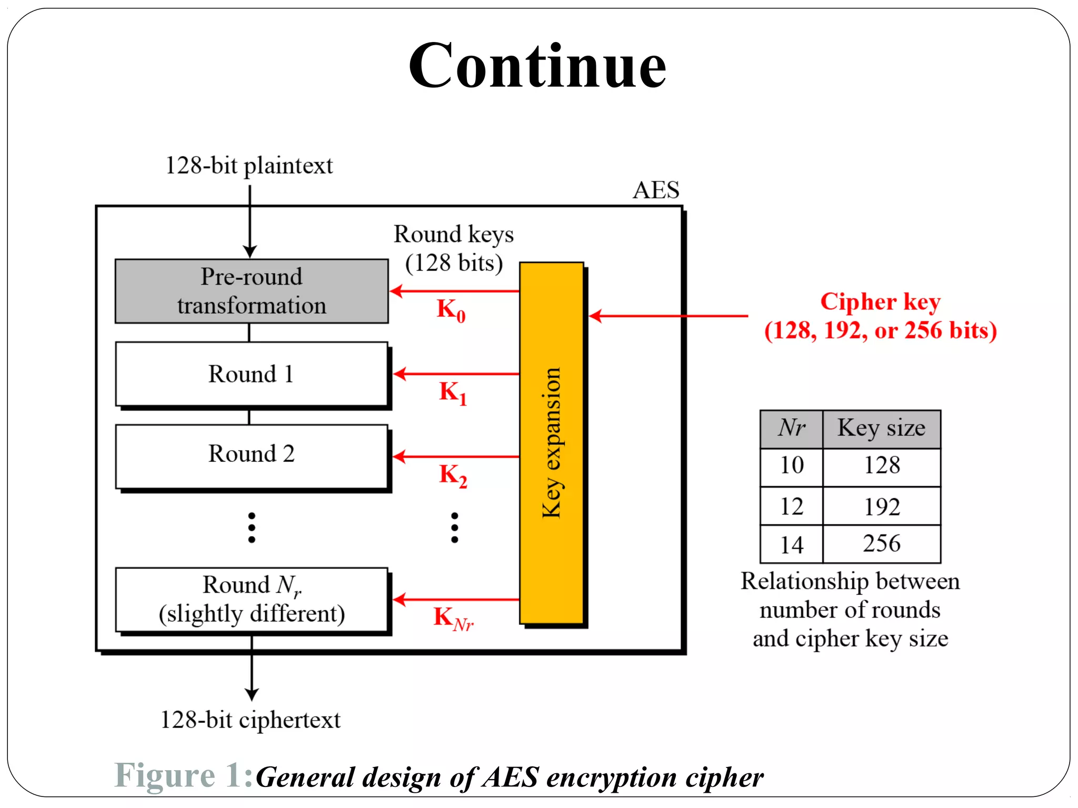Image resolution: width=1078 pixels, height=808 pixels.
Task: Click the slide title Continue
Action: click(537, 66)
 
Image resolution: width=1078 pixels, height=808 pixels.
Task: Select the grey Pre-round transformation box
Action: click(252, 291)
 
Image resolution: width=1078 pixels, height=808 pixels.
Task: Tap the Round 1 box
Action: click(252, 374)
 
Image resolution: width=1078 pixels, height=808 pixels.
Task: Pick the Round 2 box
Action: click(252, 455)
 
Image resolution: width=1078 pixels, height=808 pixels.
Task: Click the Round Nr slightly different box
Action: click(252, 599)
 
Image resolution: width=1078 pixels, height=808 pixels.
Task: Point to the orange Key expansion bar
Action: click(551, 443)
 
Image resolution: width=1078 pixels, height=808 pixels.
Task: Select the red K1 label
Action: click(453, 393)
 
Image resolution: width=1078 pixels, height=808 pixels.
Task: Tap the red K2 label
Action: click(453, 475)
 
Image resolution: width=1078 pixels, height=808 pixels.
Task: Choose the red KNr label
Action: click(453, 618)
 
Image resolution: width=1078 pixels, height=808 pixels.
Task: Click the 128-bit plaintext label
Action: click(249, 166)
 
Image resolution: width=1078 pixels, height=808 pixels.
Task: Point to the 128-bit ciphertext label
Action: click(250, 720)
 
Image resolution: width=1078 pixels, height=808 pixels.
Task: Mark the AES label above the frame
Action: click(656, 190)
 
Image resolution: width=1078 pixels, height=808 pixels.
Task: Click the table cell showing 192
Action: click(882, 507)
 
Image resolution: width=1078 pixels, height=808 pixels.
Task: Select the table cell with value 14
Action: click(791, 544)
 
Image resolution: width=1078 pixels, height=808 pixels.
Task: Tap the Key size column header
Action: click(882, 428)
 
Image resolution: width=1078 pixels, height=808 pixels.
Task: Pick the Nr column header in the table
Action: click(791, 428)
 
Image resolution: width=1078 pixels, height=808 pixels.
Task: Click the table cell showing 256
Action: click(882, 543)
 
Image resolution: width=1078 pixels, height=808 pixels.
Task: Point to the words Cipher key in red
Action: click(880, 302)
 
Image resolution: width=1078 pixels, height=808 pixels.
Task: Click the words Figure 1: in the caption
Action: click(184, 775)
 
